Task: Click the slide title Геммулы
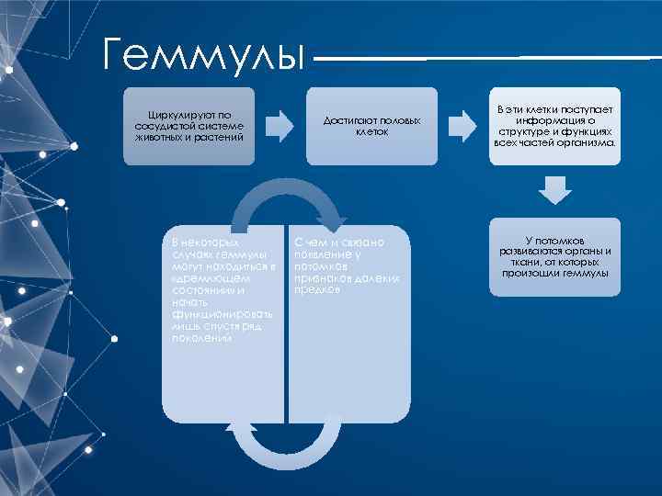(x=203, y=53)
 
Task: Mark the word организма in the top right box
(x=591, y=143)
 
